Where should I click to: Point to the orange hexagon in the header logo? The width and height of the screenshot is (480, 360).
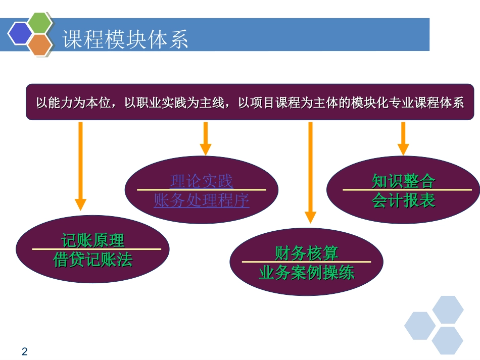click(40, 45)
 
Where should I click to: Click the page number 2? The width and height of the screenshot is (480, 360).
click(25, 351)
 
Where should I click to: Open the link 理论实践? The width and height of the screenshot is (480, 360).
click(202, 181)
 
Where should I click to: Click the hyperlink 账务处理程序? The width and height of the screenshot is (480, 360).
click(202, 200)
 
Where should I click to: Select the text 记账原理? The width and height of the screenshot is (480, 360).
click(93, 240)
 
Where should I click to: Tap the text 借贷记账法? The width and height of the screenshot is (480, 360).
click(93, 260)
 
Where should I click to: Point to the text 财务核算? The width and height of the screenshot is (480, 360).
click(306, 252)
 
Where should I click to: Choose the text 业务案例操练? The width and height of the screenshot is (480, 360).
click(306, 273)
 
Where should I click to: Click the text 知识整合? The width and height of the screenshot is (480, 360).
click(403, 181)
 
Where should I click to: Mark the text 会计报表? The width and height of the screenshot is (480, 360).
click(403, 200)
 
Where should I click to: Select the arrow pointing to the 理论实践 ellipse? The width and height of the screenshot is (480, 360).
click(205, 138)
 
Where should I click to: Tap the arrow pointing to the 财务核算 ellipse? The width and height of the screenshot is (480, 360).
click(310, 172)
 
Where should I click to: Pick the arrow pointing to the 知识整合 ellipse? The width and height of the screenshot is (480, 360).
click(403, 138)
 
